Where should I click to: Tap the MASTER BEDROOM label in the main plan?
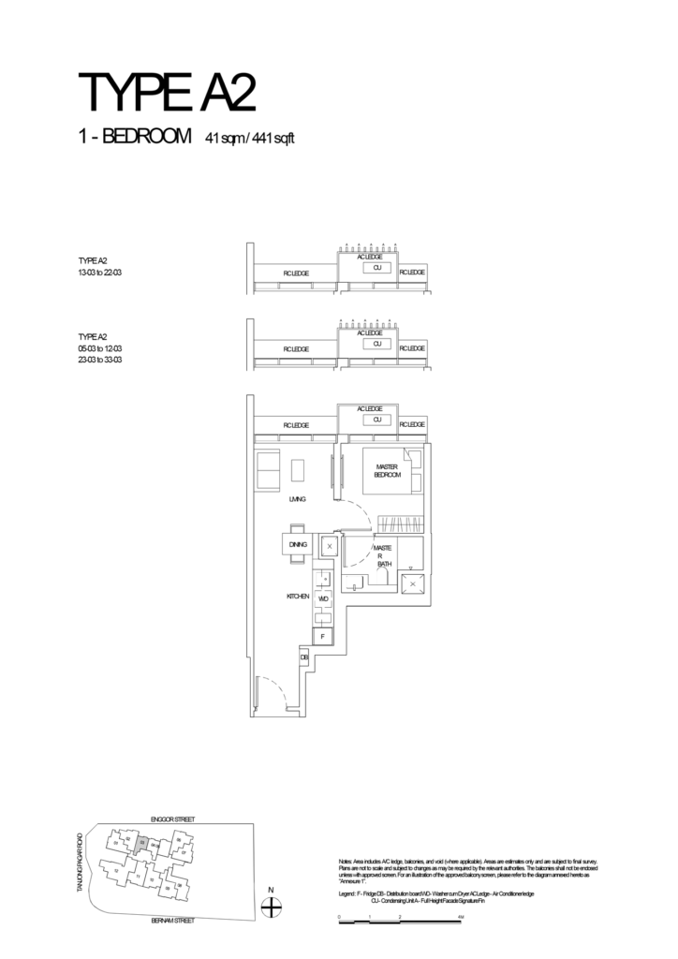[388, 471]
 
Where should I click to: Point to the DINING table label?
[297, 544]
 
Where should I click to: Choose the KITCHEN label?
[298, 596]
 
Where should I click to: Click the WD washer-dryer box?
[323, 597]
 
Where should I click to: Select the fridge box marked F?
[322, 636]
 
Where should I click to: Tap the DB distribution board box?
[304, 658]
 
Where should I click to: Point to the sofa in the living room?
[269, 469]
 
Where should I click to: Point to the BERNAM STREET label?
[172, 922]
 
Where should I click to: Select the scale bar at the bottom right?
[400, 922]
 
